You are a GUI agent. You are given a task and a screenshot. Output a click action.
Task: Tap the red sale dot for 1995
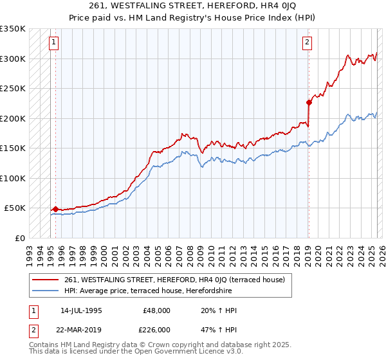click(55, 209)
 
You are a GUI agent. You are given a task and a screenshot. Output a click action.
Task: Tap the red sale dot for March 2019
click(309, 102)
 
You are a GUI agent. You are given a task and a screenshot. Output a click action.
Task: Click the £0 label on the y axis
click(20, 238)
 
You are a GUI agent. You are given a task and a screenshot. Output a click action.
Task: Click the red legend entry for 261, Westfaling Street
click(178, 280)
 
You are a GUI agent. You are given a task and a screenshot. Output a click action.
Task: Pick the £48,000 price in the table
click(156, 310)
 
